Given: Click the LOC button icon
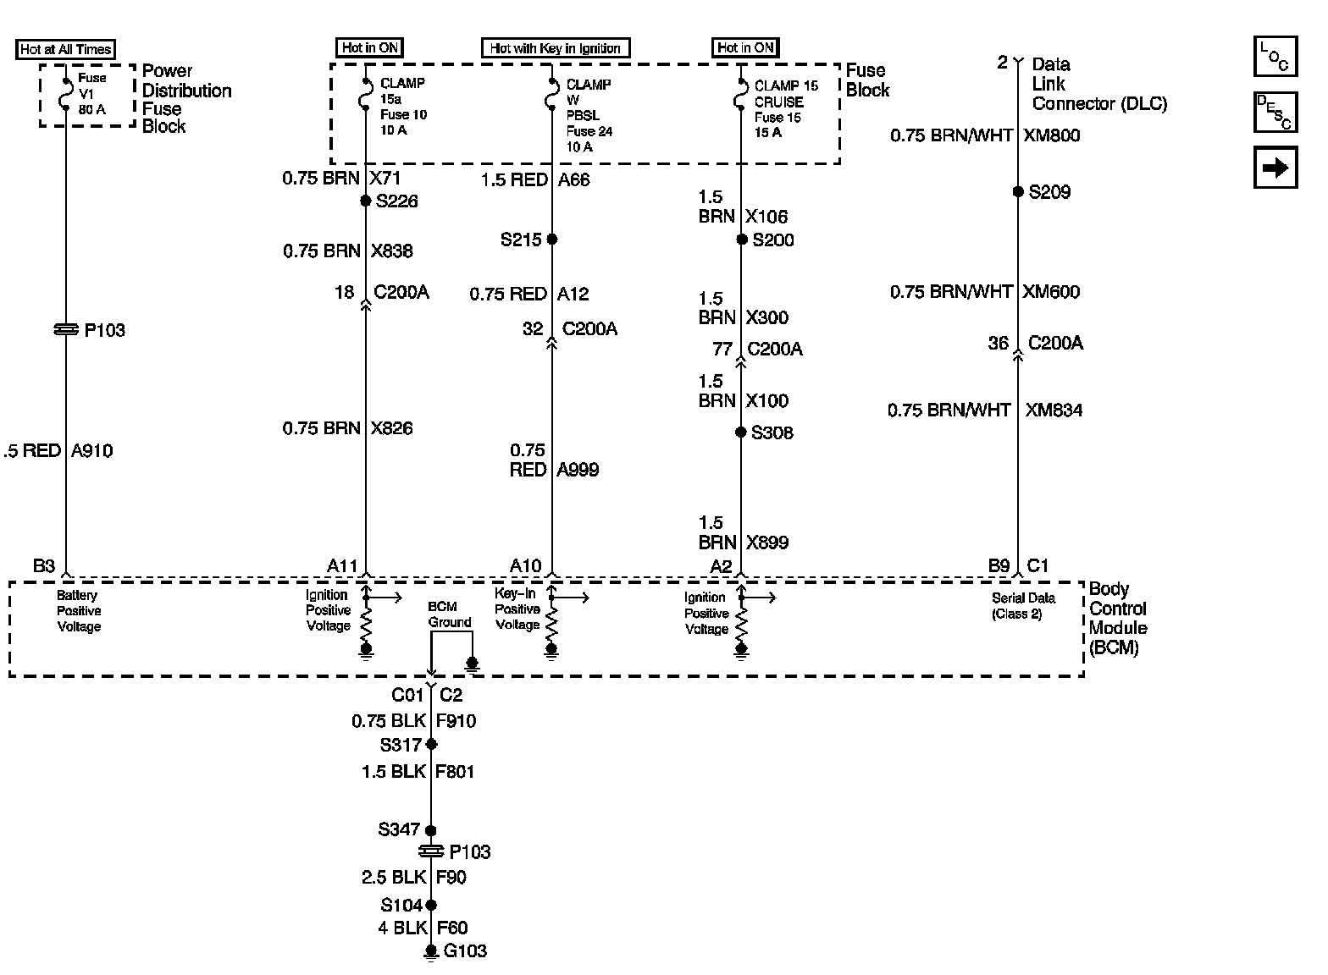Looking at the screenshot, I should [1275, 58].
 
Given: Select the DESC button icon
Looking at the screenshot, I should [1275, 113].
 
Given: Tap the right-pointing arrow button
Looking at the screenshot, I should [1275, 168].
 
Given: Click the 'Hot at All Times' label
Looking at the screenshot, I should [65, 49].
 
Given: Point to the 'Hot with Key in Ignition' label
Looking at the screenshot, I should [556, 48].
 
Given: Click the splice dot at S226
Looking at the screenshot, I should [366, 201].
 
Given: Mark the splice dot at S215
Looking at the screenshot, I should [552, 240].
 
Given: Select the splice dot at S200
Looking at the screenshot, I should [741, 240].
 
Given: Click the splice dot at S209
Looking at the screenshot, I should [1018, 192].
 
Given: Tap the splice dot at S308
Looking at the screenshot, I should [741, 432].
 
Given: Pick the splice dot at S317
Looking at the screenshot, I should [431, 745].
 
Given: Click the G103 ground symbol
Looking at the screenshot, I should [431, 952].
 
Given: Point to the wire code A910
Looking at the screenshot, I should [92, 451].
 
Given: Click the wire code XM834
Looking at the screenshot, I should [1054, 410].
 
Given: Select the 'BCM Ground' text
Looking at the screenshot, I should [449, 614].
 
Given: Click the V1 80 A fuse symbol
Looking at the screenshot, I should [65, 93].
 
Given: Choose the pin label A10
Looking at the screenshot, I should [525, 566].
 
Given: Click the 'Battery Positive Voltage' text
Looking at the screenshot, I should [79, 611].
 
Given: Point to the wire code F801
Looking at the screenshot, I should [455, 772].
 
